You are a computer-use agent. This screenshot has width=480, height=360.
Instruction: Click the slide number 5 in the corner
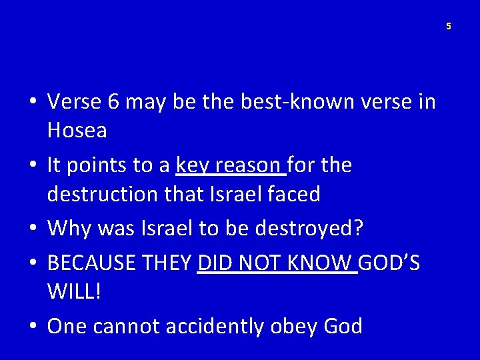click(x=449, y=26)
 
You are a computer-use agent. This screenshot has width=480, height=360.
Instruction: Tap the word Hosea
click(x=77, y=131)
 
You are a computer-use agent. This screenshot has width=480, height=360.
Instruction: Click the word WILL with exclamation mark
click(x=74, y=293)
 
